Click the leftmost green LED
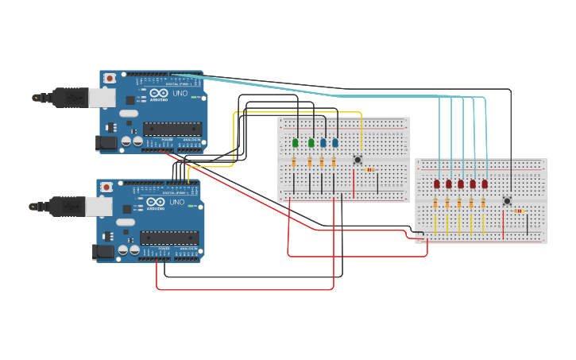tap(295, 143)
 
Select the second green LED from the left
tap(311, 143)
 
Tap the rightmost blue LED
tap(335, 143)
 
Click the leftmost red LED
tap(437, 184)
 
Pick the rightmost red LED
tap(485, 184)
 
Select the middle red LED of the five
tap(461, 184)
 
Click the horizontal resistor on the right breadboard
tap(519, 211)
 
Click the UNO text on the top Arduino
tap(181, 93)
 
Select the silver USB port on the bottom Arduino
tap(97, 206)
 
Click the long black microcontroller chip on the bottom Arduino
tap(168, 237)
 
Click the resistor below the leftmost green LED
tap(295, 162)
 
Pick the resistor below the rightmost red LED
tap(483, 203)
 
